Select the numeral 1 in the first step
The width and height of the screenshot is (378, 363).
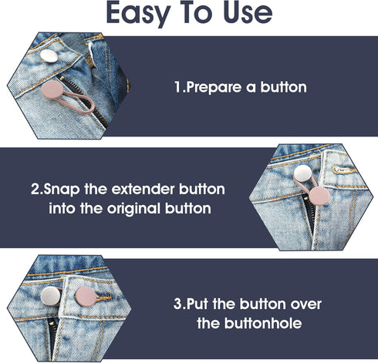[177, 87]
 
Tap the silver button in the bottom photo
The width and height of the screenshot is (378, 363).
[76, 294]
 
